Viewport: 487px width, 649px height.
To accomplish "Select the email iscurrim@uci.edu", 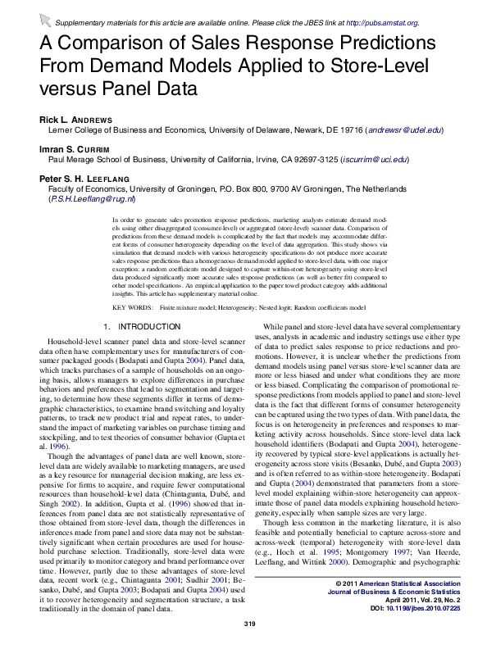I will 373,160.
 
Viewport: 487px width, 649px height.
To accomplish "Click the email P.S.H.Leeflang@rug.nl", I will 92,198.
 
